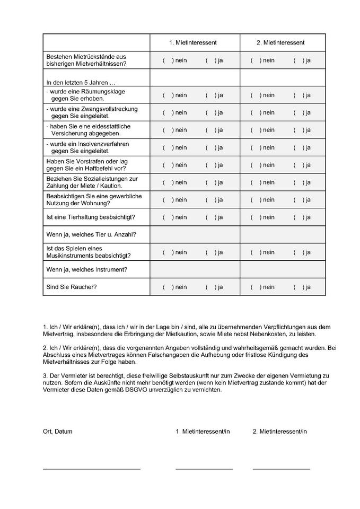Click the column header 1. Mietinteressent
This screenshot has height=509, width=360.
tap(193, 42)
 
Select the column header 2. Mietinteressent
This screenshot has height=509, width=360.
tap(284, 42)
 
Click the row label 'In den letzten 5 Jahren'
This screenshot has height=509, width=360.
tap(81, 83)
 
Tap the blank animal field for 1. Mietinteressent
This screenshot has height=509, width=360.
tap(195, 234)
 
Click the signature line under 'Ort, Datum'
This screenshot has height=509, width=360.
tap(91, 469)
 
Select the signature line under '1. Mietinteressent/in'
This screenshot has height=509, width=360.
tap(204, 469)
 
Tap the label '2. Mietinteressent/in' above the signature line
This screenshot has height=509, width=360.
tap(279, 432)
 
